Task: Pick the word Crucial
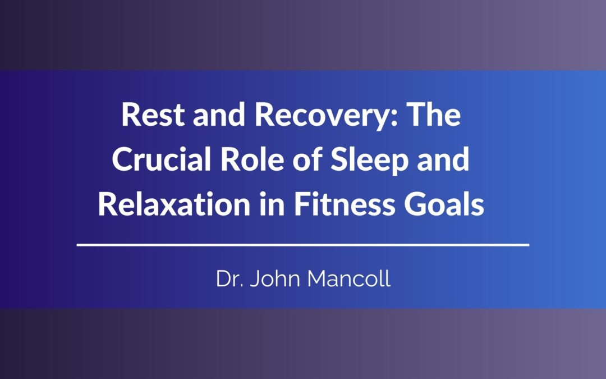click(x=162, y=159)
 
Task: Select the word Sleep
click(x=369, y=162)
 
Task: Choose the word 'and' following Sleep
click(x=443, y=159)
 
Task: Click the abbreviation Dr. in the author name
click(x=229, y=278)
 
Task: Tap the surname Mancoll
click(x=349, y=278)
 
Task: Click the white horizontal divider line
click(x=303, y=245)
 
